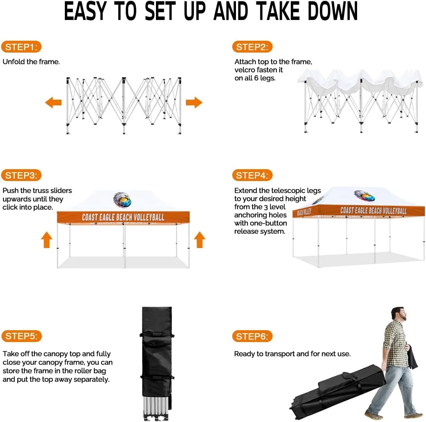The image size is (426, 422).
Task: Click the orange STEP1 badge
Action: click(21, 47)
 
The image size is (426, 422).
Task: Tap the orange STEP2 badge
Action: click(252, 47)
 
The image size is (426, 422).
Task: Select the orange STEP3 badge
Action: click(21, 175)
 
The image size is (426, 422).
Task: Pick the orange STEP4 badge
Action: click(252, 175)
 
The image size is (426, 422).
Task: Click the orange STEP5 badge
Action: click(21, 336)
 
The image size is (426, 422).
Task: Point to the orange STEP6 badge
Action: click(252, 336)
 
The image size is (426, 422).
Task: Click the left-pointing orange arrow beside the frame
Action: click(53, 102)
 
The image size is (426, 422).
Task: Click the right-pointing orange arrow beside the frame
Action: click(194, 102)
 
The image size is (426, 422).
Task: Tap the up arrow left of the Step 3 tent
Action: click(46, 240)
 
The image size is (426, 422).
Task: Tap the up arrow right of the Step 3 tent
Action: click(200, 240)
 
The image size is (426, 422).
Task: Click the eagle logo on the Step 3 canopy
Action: click(122, 200)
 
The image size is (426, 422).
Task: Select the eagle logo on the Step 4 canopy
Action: click(365, 196)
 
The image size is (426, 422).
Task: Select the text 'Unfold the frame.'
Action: click(31, 62)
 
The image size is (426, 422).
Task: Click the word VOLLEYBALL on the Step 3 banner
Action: click(149, 217)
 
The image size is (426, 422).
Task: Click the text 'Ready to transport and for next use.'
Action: click(292, 354)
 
